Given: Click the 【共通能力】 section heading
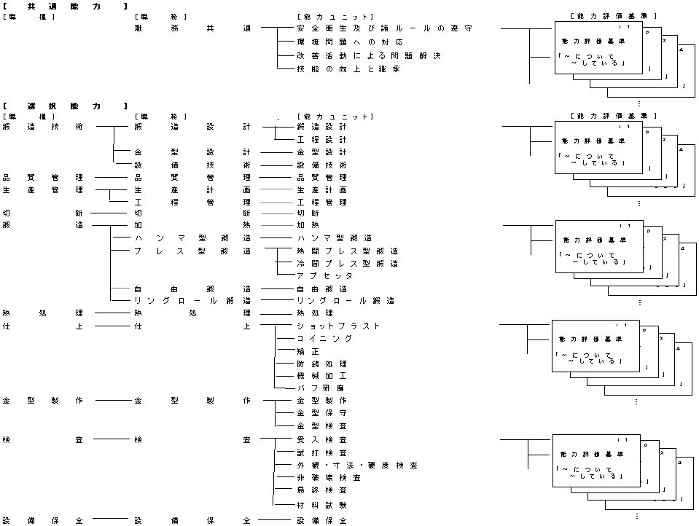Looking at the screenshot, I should pyautogui.click(x=65, y=6).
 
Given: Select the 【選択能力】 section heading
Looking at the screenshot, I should pyautogui.click(x=65, y=106).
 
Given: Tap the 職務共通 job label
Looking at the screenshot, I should pyautogui.click(x=192, y=28).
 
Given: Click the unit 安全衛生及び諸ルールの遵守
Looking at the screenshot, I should pyautogui.click(x=384, y=28).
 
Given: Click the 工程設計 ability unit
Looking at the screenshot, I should pyautogui.click(x=321, y=139).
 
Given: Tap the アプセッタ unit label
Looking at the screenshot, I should pyautogui.click(x=324, y=276).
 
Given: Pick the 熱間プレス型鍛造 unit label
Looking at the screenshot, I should pyautogui.click(x=347, y=251).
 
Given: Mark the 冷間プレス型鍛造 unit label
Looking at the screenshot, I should pyautogui.click(x=347, y=263).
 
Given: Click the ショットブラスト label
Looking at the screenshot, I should pyautogui.click(x=338, y=326).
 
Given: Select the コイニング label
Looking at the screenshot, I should pyautogui.click(x=324, y=339).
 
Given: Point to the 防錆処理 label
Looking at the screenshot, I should pyautogui.click(x=321, y=364).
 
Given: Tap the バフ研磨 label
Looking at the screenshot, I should pyautogui.click(x=321, y=388).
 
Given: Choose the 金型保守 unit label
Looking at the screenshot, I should pyautogui.click(x=321, y=413).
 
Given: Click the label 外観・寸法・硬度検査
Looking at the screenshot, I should pyautogui.click(x=357, y=465).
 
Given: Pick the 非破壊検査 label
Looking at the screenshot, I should pyautogui.click(x=329, y=478).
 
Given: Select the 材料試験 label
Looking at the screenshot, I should pyautogui.click(x=321, y=504).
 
